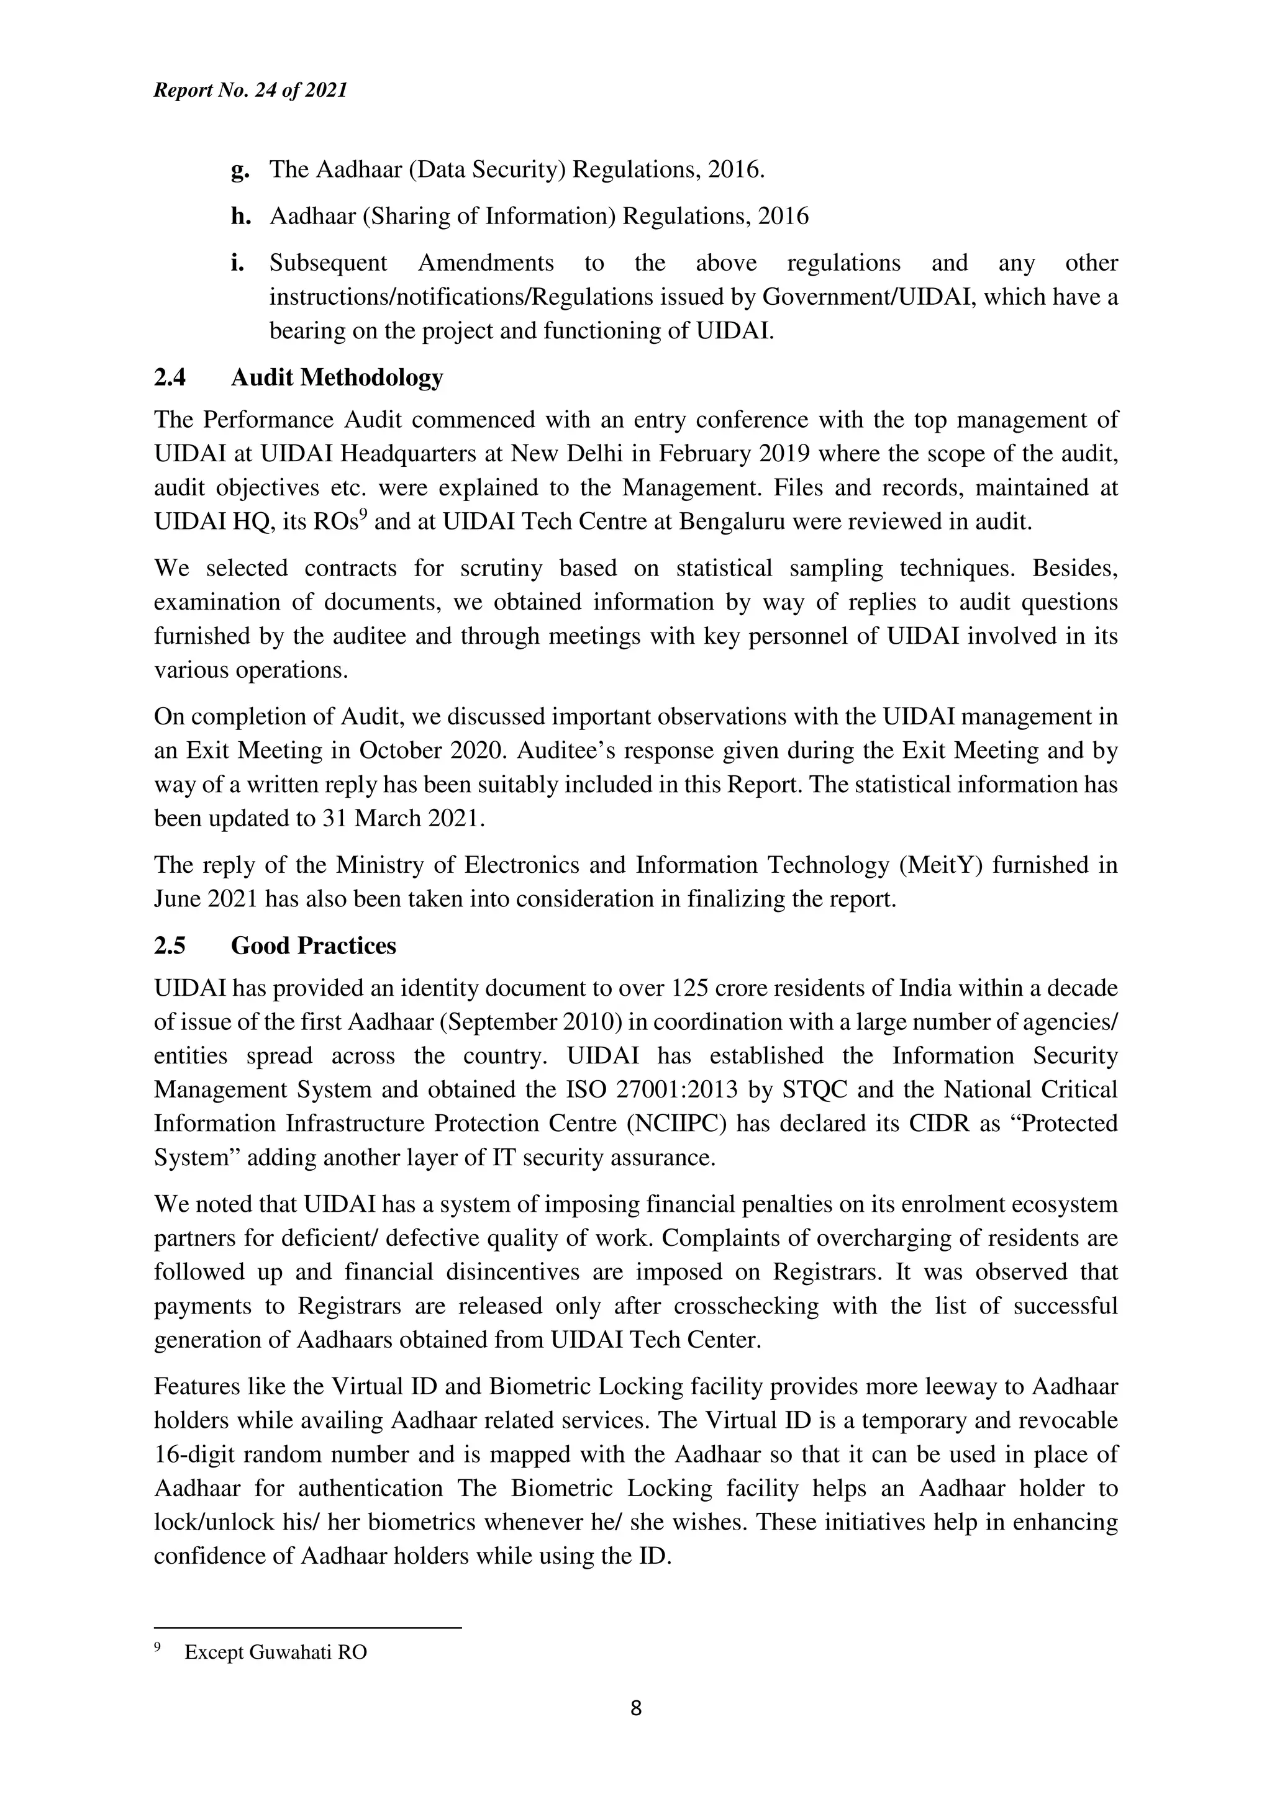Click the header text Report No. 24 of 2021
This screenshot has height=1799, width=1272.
coord(250,90)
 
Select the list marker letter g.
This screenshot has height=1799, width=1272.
coord(239,170)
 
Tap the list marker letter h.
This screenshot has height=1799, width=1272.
coord(240,215)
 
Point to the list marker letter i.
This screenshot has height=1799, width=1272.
coord(237,262)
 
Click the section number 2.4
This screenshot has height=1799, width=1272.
coord(170,377)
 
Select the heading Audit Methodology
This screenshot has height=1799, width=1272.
coord(337,377)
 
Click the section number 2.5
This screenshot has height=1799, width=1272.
coord(170,945)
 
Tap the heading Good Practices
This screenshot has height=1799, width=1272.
coord(314,945)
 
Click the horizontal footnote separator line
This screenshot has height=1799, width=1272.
coord(307,1628)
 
